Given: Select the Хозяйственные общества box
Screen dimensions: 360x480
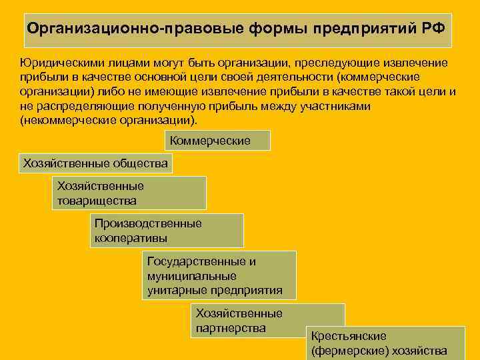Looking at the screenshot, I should coord(96,163).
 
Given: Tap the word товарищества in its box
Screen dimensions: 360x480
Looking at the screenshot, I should coord(97,200).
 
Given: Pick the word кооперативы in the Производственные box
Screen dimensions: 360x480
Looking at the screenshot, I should coord(131,237).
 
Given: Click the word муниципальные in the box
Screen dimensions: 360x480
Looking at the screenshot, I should coord(192,275).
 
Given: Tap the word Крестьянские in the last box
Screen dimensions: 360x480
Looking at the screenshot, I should coord(349,336).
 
